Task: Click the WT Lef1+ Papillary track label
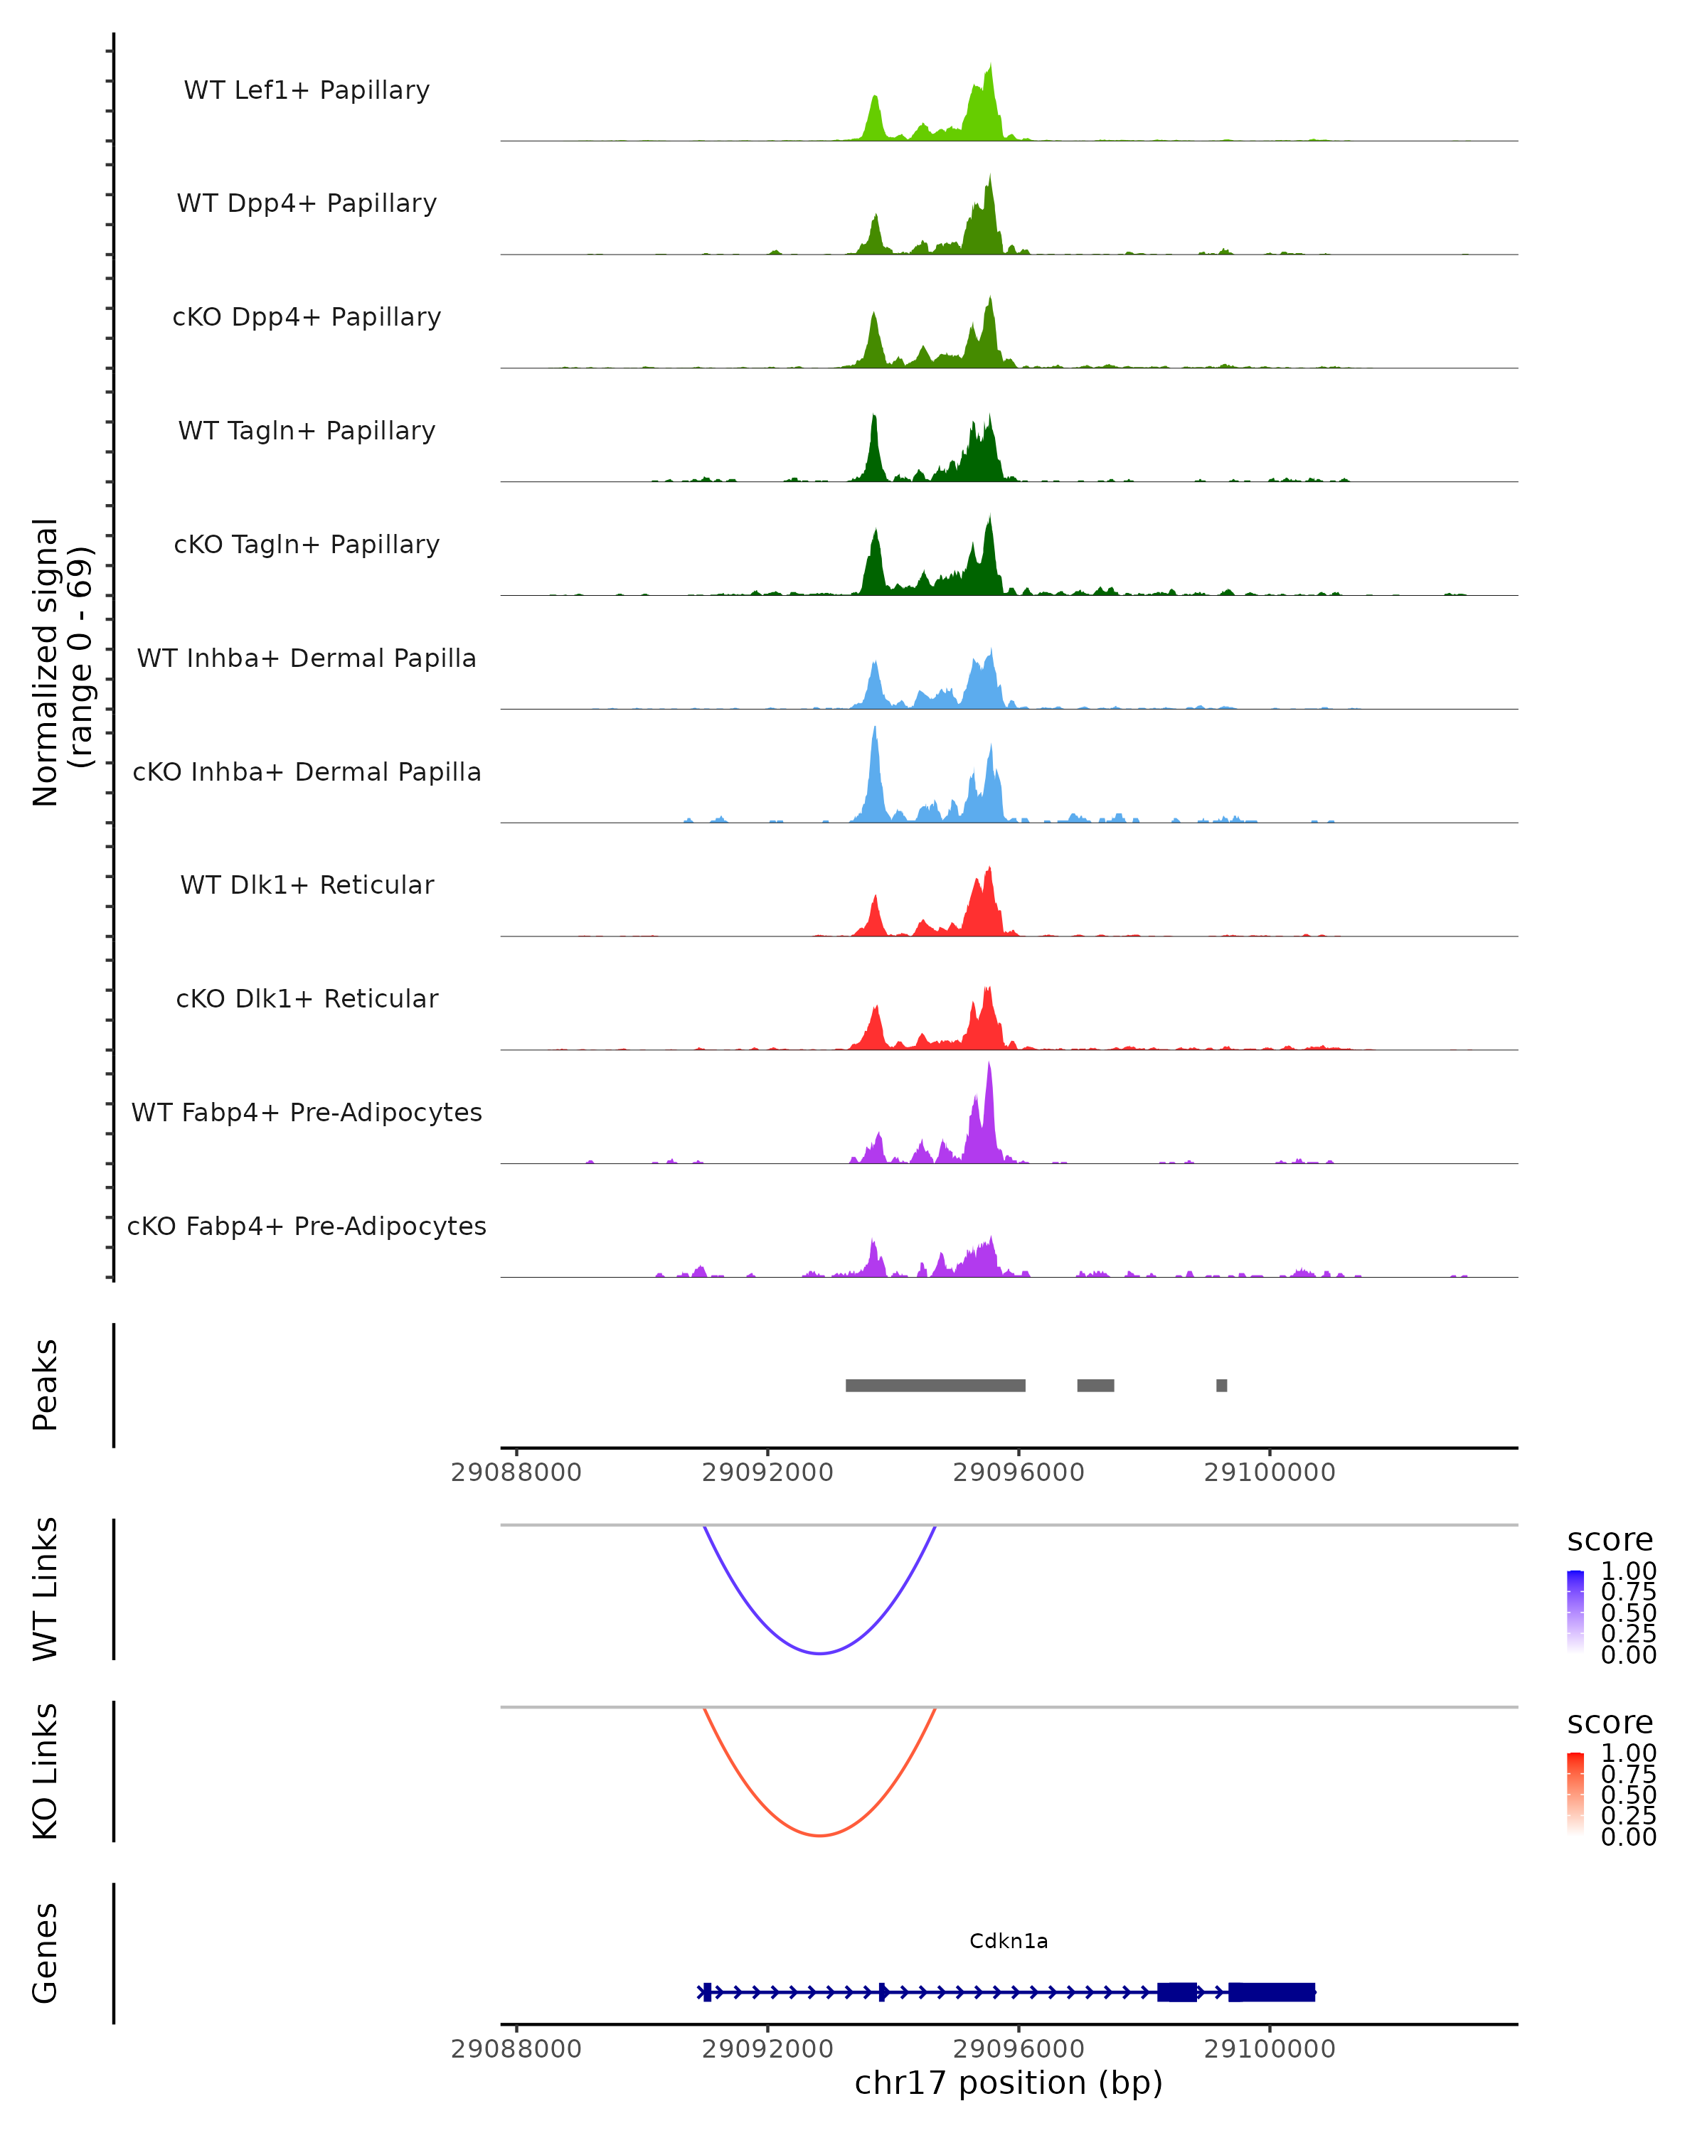307,90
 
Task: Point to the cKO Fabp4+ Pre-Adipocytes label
307,1226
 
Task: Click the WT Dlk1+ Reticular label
307,884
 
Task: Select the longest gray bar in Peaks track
935,1385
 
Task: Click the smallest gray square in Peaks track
1222,1385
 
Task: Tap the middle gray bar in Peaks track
1095,1385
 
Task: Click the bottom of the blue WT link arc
819,1653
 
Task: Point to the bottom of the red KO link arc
819,1835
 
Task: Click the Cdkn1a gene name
1009,1941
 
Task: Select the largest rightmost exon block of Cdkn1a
1272,1992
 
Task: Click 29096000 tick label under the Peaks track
1019,1472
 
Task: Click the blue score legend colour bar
1575,1610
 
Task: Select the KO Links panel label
46,1771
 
